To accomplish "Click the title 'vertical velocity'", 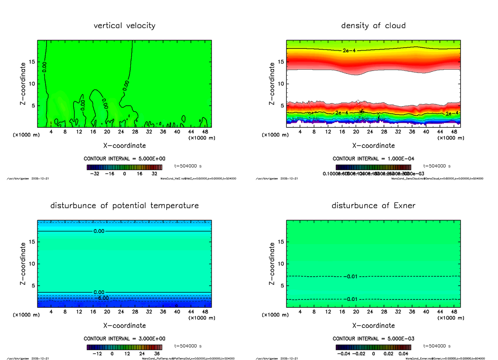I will click(x=124, y=26).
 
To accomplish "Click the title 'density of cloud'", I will click(x=373, y=26).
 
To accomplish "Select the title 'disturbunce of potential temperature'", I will click(x=124, y=206).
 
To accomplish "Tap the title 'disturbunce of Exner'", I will click(x=373, y=206).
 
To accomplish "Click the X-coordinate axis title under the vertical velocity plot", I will click(x=124, y=146).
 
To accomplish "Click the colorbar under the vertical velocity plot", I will click(x=124, y=167).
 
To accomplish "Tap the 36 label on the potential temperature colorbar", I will click(x=157, y=354).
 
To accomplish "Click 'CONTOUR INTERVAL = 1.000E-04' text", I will click(x=373, y=159).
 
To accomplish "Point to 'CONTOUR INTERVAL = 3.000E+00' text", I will click(x=124, y=338).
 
